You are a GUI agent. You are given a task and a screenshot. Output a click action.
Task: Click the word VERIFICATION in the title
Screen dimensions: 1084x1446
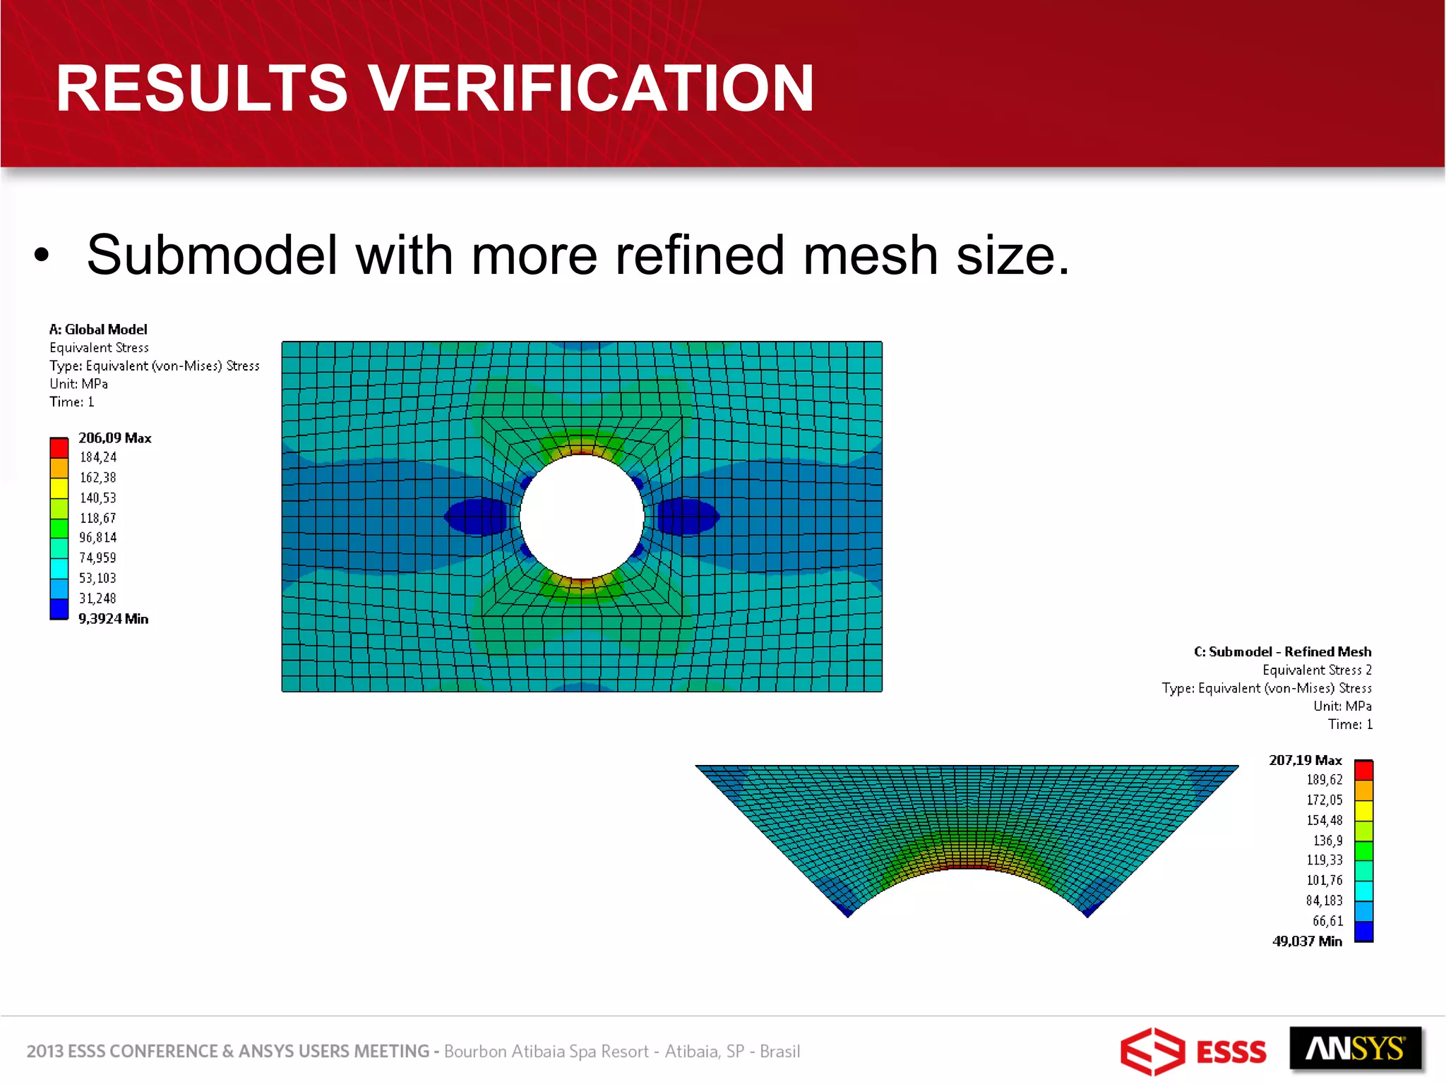(x=592, y=88)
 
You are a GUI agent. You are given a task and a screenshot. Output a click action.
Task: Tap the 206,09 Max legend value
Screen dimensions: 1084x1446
(x=114, y=438)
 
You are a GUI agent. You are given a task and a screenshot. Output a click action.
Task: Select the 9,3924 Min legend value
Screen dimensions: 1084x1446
(x=113, y=619)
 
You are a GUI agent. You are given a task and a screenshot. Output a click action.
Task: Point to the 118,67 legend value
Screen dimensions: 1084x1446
(x=97, y=518)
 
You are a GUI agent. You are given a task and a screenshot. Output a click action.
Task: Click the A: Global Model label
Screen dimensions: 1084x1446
(x=98, y=330)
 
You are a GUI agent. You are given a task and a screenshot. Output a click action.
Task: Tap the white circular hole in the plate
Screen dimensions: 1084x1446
(x=582, y=517)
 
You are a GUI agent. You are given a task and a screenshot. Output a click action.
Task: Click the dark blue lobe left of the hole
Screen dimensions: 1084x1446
(x=477, y=517)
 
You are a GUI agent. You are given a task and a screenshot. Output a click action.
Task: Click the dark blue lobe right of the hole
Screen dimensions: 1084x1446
(x=686, y=517)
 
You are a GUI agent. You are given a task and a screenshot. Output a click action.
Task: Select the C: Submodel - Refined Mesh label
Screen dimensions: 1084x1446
(x=1282, y=652)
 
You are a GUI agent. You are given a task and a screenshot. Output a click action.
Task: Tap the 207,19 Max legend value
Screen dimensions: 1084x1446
(x=1305, y=760)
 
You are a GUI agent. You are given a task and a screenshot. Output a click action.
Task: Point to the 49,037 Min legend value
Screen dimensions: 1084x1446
(x=1306, y=941)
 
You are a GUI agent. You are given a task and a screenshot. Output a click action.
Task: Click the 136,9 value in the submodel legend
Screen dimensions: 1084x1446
(x=1327, y=841)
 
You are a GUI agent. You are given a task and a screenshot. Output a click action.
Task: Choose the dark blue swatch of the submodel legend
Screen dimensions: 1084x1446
(x=1363, y=932)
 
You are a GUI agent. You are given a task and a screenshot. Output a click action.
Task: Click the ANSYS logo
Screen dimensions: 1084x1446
(x=1355, y=1050)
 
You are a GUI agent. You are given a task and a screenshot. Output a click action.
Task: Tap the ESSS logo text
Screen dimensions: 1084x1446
(x=1231, y=1052)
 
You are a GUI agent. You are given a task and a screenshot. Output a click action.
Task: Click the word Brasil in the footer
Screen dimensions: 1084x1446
(x=779, y=1052)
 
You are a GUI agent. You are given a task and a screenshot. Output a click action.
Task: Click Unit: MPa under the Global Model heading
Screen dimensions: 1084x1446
(x=78, y=384)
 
